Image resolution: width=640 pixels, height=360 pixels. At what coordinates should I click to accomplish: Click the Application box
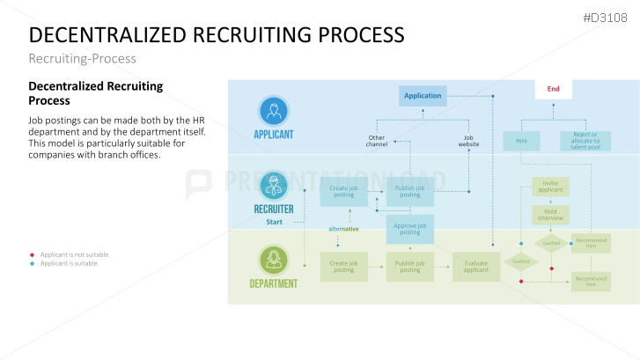click(423, 95)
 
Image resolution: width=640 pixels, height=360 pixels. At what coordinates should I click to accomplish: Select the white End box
click(553, 89)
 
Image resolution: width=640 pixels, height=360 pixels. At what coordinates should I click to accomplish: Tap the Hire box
click(521, 141)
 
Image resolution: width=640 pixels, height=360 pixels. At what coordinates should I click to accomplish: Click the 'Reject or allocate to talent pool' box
click(585, 141)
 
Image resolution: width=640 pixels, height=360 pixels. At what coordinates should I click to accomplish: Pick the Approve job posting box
click(409, 228)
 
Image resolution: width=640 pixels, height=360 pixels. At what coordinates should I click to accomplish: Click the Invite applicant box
click(550, 187)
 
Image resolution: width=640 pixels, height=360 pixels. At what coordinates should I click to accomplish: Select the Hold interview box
click(550, 214)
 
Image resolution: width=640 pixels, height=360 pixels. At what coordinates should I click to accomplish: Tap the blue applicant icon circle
click(274, 112)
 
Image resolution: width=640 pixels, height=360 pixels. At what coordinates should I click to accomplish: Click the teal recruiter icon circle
click(274, 186)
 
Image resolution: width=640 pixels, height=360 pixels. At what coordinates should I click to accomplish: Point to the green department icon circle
click(274, 260)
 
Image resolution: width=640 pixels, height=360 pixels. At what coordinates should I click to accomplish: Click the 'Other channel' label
click(377, 141)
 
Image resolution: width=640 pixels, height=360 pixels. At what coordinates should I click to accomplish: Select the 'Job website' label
click(468, 141)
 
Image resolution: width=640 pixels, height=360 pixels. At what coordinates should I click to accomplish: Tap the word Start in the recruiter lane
click(275, 222)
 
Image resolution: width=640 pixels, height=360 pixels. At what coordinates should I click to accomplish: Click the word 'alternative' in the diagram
click(344, 229)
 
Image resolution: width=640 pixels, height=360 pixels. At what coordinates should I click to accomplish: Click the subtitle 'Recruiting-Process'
click(83, 58)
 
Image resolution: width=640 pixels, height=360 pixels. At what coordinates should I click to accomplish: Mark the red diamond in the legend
click(32, 254)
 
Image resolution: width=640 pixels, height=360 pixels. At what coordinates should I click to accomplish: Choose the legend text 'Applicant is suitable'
click(69, 263)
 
